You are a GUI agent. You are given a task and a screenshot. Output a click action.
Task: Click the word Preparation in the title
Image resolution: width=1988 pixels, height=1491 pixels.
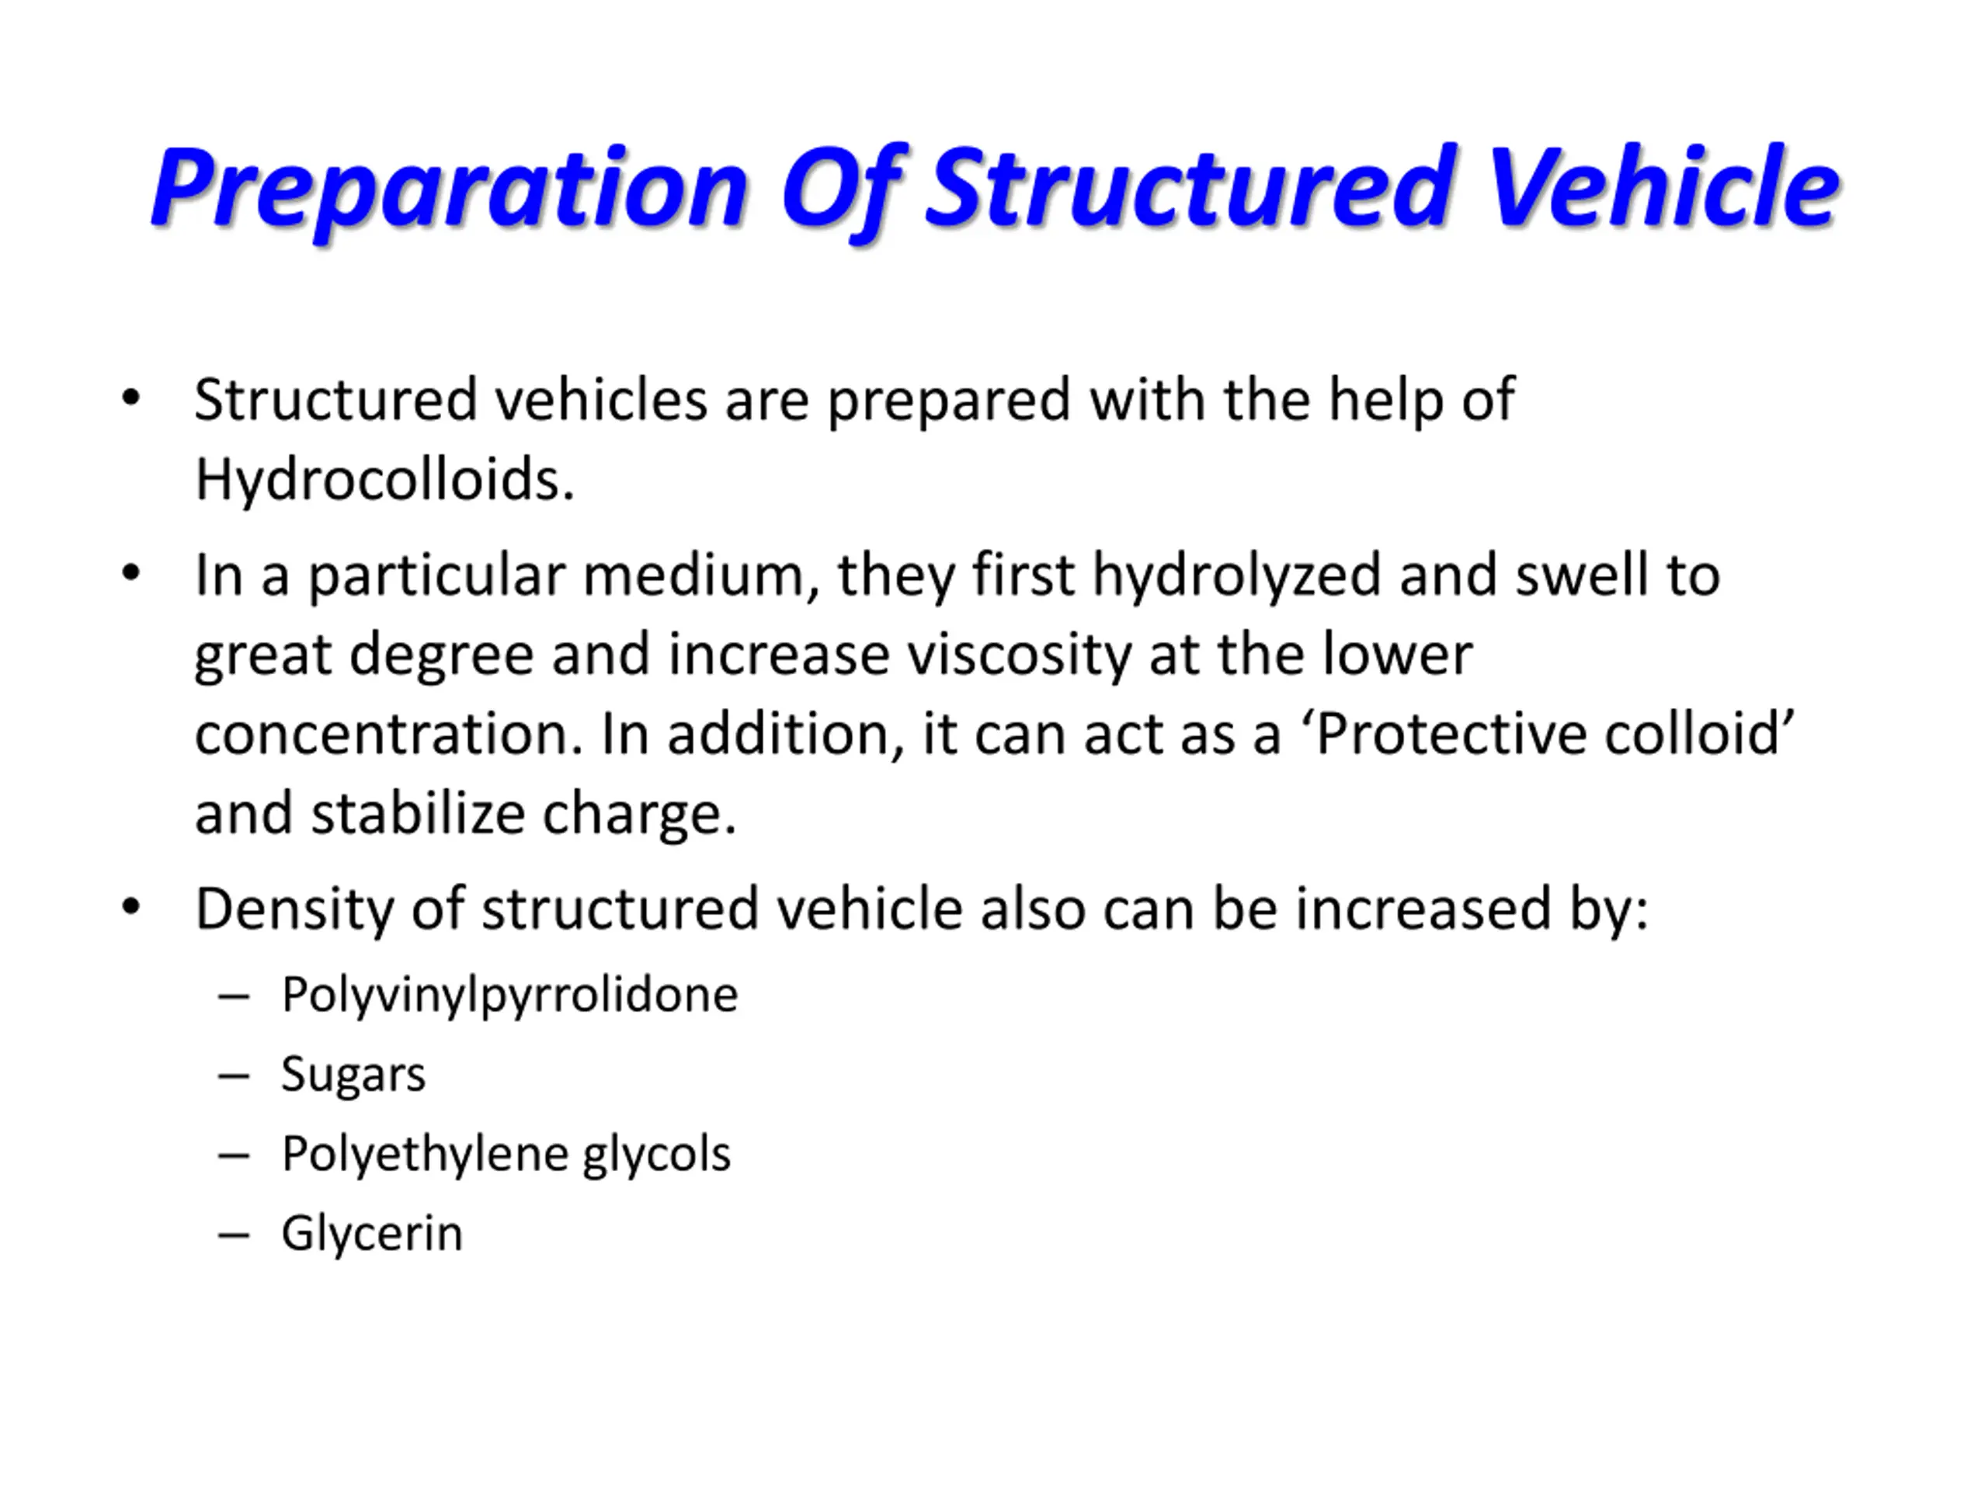[x=450, y=189]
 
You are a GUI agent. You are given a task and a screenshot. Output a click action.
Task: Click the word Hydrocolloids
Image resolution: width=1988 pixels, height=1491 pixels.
[x=384, y=479]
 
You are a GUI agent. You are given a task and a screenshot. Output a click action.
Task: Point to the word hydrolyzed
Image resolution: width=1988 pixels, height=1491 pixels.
[x=1236, y=576]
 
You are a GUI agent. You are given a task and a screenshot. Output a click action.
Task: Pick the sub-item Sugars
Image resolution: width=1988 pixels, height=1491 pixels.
[x=353, y=1075]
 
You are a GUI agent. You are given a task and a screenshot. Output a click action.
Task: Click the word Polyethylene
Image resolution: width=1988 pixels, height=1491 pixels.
[x=425, y=1155]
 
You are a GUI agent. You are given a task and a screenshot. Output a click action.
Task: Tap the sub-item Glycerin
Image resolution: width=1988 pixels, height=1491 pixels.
[x=372, y=1234]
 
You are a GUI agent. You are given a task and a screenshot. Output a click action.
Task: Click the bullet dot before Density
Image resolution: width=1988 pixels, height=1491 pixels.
[x=131, y=908]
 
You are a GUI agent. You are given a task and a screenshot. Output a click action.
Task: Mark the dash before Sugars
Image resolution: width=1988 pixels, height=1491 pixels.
[x=234, y=1076]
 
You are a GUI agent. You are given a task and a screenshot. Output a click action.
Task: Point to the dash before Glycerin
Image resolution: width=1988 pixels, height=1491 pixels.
[x=234, y=1235]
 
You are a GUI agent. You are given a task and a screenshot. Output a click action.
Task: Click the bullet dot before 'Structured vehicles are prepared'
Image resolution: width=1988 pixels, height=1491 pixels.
[x=131, y=398]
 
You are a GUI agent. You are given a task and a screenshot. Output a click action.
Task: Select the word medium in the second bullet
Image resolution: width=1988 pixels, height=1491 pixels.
[x=700, y=575]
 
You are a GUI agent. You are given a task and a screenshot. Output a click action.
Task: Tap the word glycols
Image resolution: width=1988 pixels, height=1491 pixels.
[x=657, y=1155]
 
